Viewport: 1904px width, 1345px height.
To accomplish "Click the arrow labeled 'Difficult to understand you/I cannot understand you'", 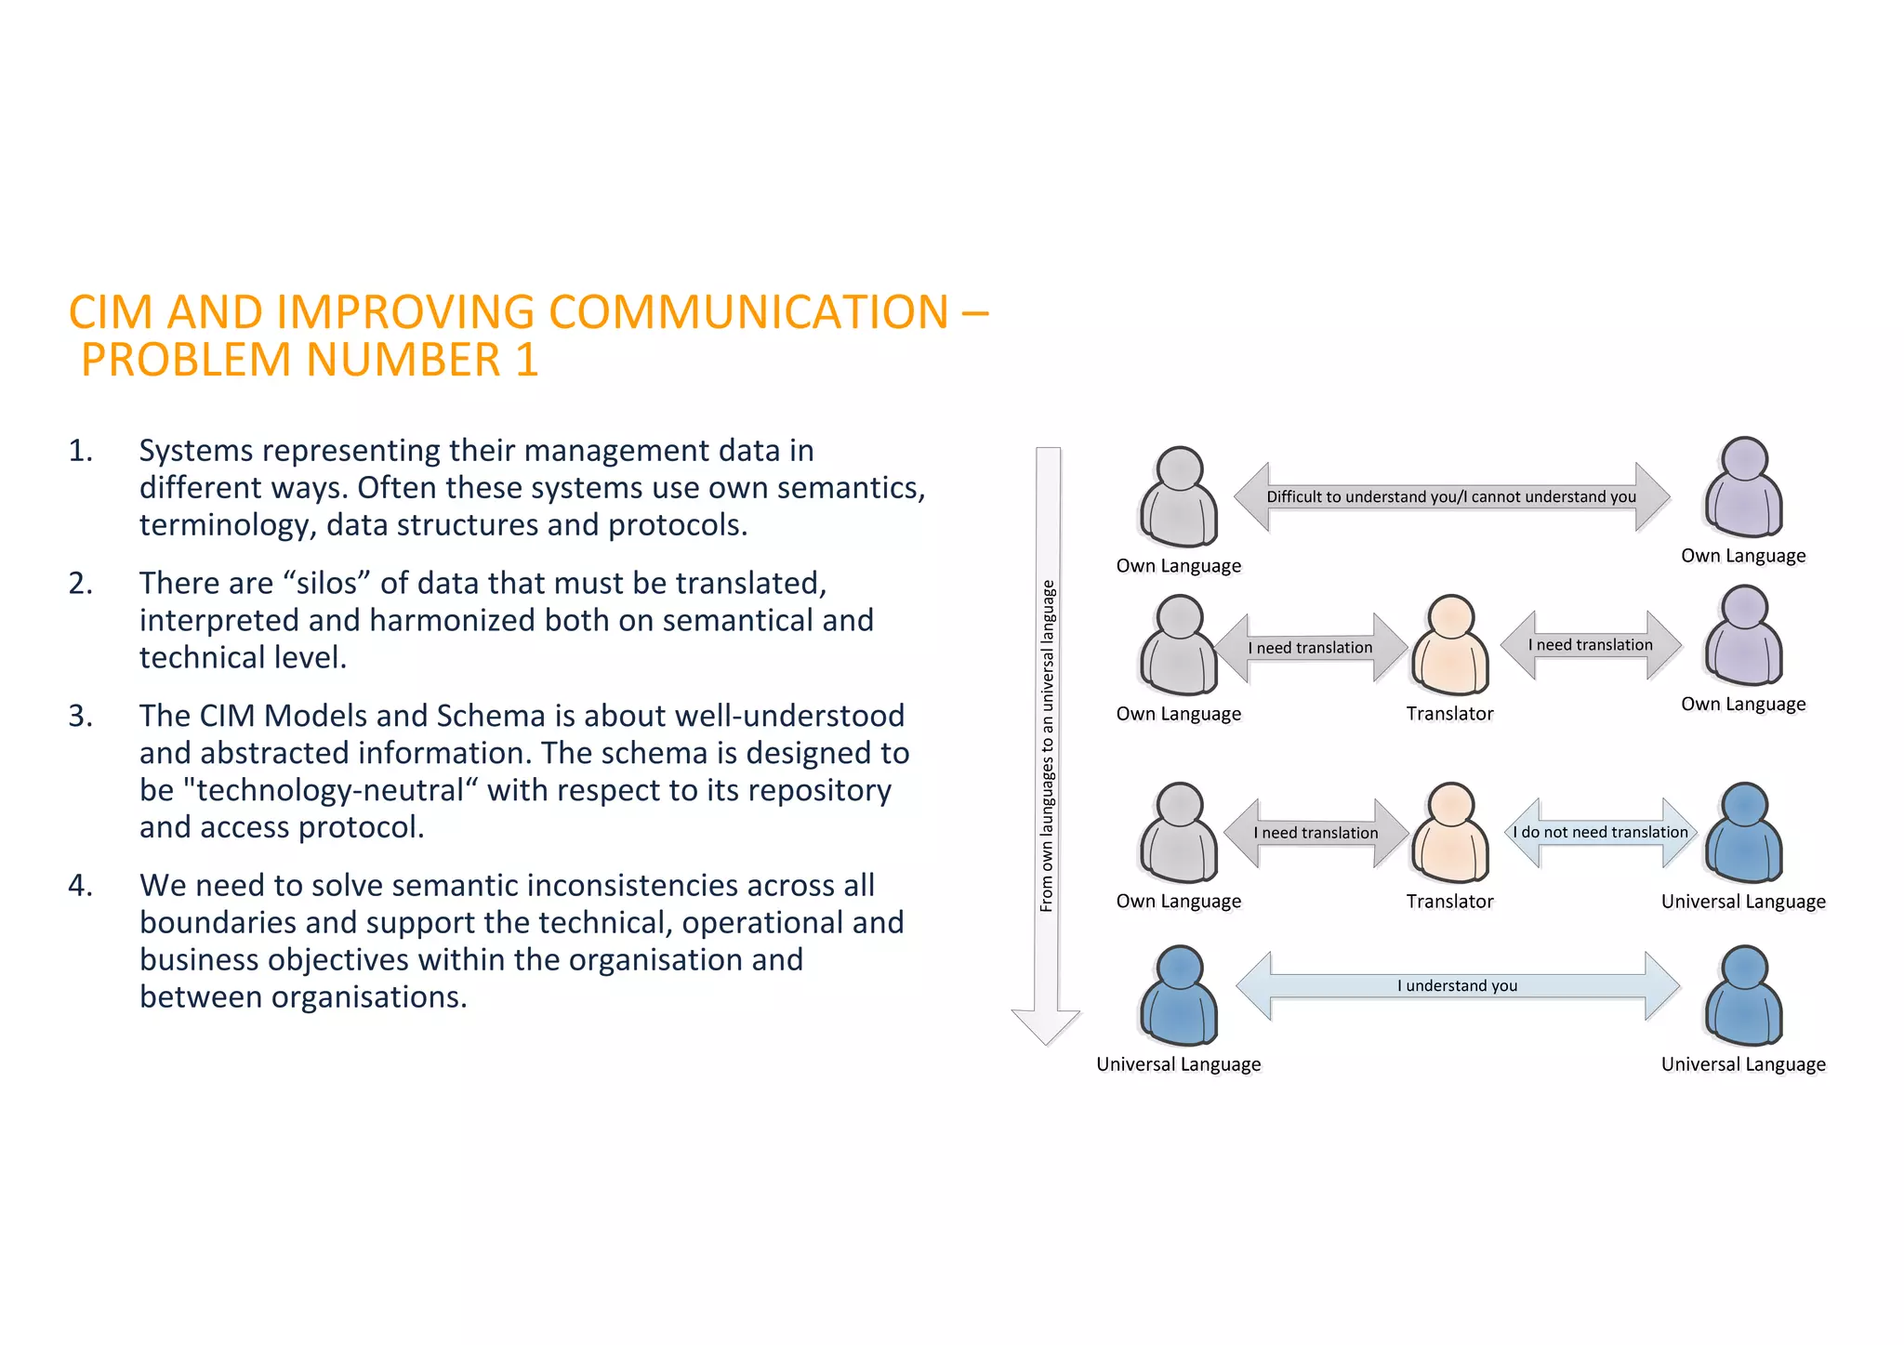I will [1451, 496].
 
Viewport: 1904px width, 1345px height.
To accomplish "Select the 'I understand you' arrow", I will [1457, 985].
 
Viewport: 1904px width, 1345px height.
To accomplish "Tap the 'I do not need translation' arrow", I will [1600, 832].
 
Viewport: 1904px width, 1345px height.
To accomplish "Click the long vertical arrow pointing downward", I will [1047, 744].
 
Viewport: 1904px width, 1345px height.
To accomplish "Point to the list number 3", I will [80, 716].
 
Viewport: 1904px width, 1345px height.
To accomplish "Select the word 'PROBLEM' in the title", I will [186, 360].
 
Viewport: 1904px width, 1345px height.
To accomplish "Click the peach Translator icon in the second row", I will [1450, 645].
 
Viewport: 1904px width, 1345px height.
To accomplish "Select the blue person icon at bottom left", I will [1179, 996].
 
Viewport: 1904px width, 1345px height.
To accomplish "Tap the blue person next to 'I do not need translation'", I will [1744, 833].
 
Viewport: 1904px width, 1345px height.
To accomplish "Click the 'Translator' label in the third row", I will [1449, 901].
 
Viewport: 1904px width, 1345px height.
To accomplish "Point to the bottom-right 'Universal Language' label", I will [1743, 1064].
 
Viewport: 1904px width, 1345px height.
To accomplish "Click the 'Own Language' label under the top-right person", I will [1743, 556].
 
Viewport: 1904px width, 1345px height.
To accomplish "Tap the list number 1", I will [80, 451].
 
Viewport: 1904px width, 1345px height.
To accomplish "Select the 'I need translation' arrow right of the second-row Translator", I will [1590, 644].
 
